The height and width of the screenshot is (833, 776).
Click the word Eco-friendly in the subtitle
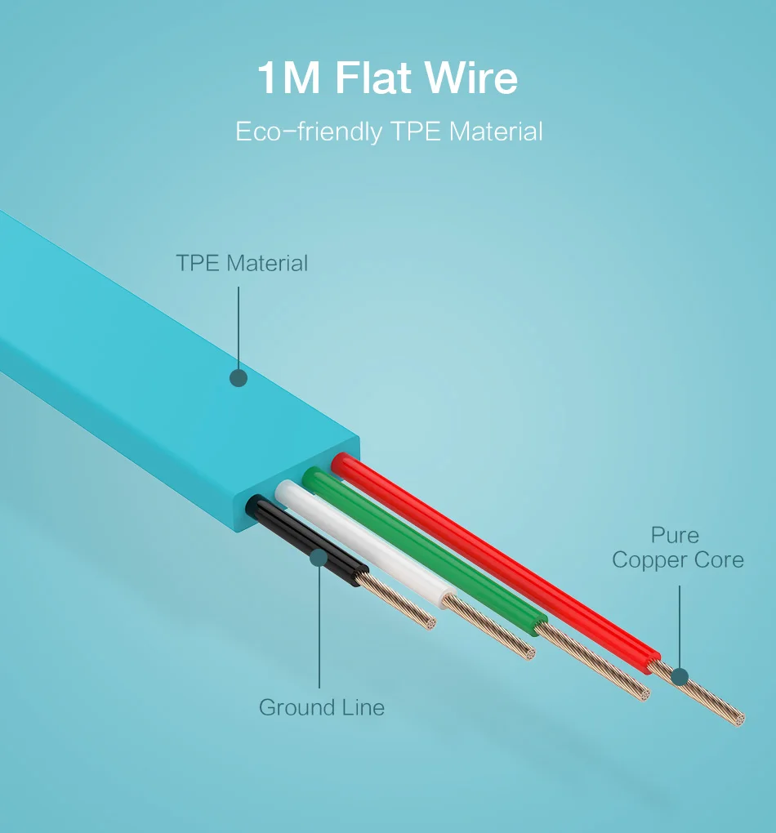[x=308, y=132]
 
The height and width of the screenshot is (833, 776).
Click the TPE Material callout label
[x=242, y=263]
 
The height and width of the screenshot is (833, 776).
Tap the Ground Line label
[x=321, y=707]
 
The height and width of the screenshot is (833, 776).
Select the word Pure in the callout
[x=675, y=536]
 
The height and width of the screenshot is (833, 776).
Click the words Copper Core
[x=678, y=560]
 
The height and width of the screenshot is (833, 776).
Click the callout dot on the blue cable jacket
[x=239, y=378]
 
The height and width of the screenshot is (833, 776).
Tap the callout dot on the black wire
[x=319, y=557]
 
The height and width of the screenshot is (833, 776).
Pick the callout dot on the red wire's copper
[x=680, y=677]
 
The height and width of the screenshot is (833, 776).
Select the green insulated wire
[x=425, y=547]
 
